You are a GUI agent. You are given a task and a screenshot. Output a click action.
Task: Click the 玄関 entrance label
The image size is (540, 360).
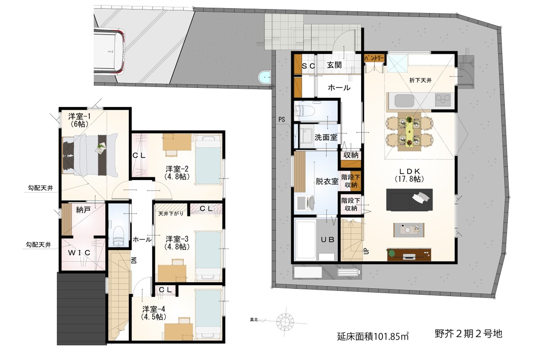pos(334,65)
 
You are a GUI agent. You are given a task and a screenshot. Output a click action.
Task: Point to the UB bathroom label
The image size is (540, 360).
pos(327,239)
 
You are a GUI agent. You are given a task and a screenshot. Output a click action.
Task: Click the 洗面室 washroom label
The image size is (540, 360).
pos(326,137)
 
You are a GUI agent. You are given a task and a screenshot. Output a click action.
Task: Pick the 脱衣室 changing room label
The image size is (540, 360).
pos(327,181)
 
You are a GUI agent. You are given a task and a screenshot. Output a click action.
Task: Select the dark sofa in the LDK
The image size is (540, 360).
pos(409,200)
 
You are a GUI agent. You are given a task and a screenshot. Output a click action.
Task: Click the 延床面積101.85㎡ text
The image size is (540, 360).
pos(372,336)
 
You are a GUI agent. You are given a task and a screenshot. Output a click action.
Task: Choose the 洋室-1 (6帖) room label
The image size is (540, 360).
pos(79,120)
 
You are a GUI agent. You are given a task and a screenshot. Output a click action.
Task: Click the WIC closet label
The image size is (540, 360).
pos(79,253)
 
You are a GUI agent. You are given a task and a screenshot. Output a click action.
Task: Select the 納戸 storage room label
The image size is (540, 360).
pos(83,210)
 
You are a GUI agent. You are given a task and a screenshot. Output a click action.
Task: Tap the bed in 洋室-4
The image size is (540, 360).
pos(208,315)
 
